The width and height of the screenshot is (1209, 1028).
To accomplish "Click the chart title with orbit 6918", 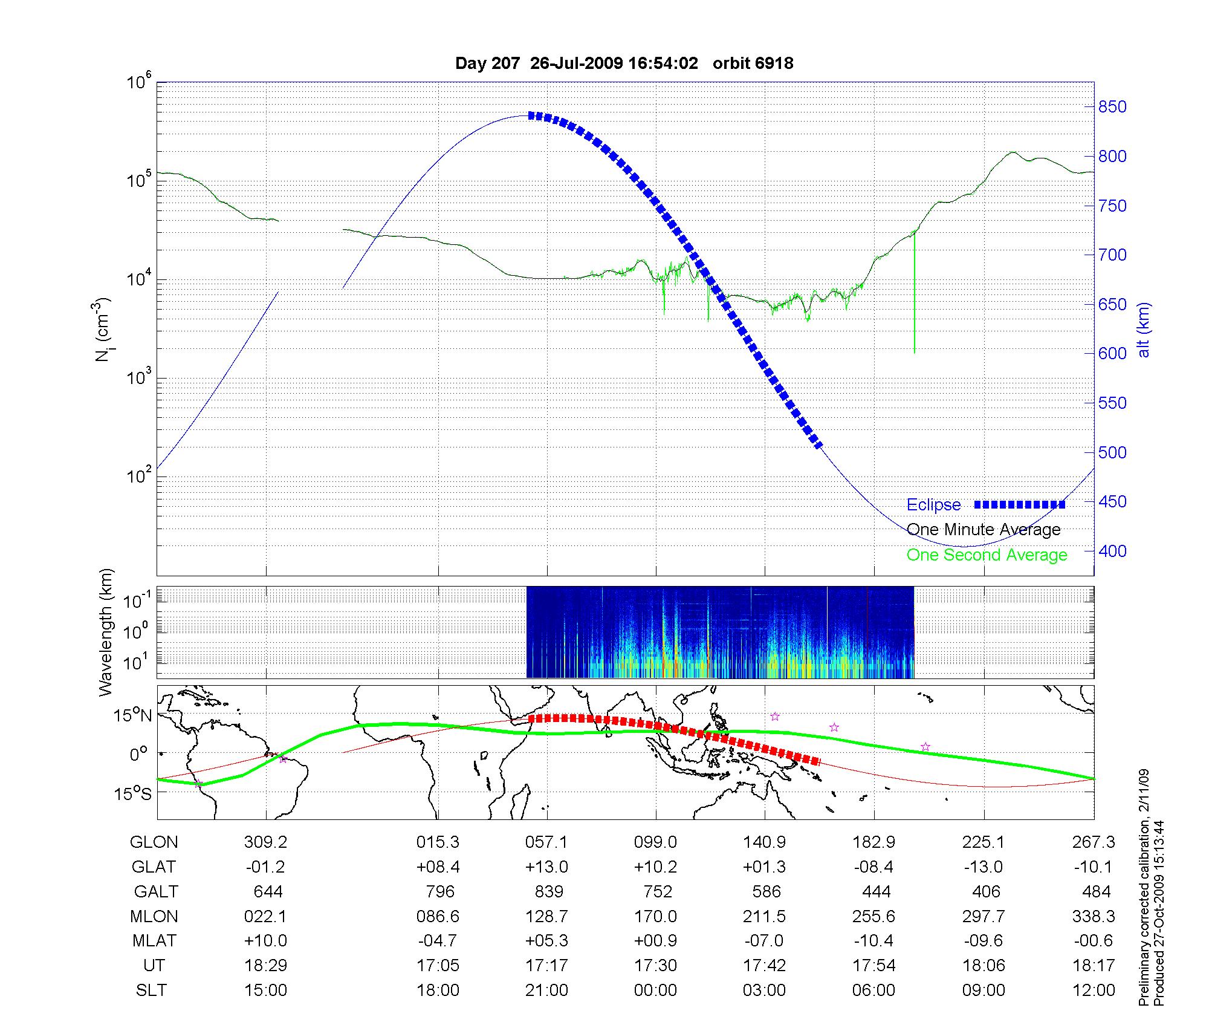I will click(x=624, y=63).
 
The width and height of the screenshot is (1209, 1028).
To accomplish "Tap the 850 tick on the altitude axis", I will click(x=1112, y=107).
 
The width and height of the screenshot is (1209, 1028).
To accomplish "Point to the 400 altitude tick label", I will click(x=1112, y=551).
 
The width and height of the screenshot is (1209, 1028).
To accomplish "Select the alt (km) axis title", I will click(x=1143, y=330).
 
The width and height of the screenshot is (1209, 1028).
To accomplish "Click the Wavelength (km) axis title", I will click(x=106, y=632).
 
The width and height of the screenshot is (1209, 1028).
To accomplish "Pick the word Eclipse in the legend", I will click(x=933, y=505).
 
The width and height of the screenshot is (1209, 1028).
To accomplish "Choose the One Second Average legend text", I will click(x=987, y=555).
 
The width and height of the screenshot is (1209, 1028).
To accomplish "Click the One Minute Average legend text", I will click(x=984, y=530).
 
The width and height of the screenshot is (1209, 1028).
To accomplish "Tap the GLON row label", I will click(x=154, y=842).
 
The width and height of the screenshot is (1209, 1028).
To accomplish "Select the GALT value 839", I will click(x=548, y=892).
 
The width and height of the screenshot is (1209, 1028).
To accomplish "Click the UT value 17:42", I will click(x=765, y=966).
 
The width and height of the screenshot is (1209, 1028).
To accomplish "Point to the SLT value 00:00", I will click(x=656, y=991).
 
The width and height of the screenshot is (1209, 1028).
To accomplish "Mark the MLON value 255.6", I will click(x=874, y=917).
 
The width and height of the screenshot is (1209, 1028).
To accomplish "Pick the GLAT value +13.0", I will click(x=547, y=867).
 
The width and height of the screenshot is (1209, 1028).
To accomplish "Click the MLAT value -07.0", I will click(x=765, y=942).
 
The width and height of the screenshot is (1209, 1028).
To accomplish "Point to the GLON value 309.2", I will click(x=266, y=842).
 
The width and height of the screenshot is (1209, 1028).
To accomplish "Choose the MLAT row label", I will click(x=154, y=942).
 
